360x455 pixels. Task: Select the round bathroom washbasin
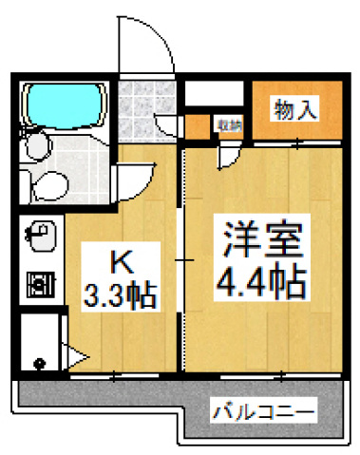38,145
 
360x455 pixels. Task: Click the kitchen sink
41,233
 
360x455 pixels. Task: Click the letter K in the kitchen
118,260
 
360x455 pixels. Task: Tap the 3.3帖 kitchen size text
118,292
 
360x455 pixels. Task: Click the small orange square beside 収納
199,124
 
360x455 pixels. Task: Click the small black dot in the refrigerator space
39,363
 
